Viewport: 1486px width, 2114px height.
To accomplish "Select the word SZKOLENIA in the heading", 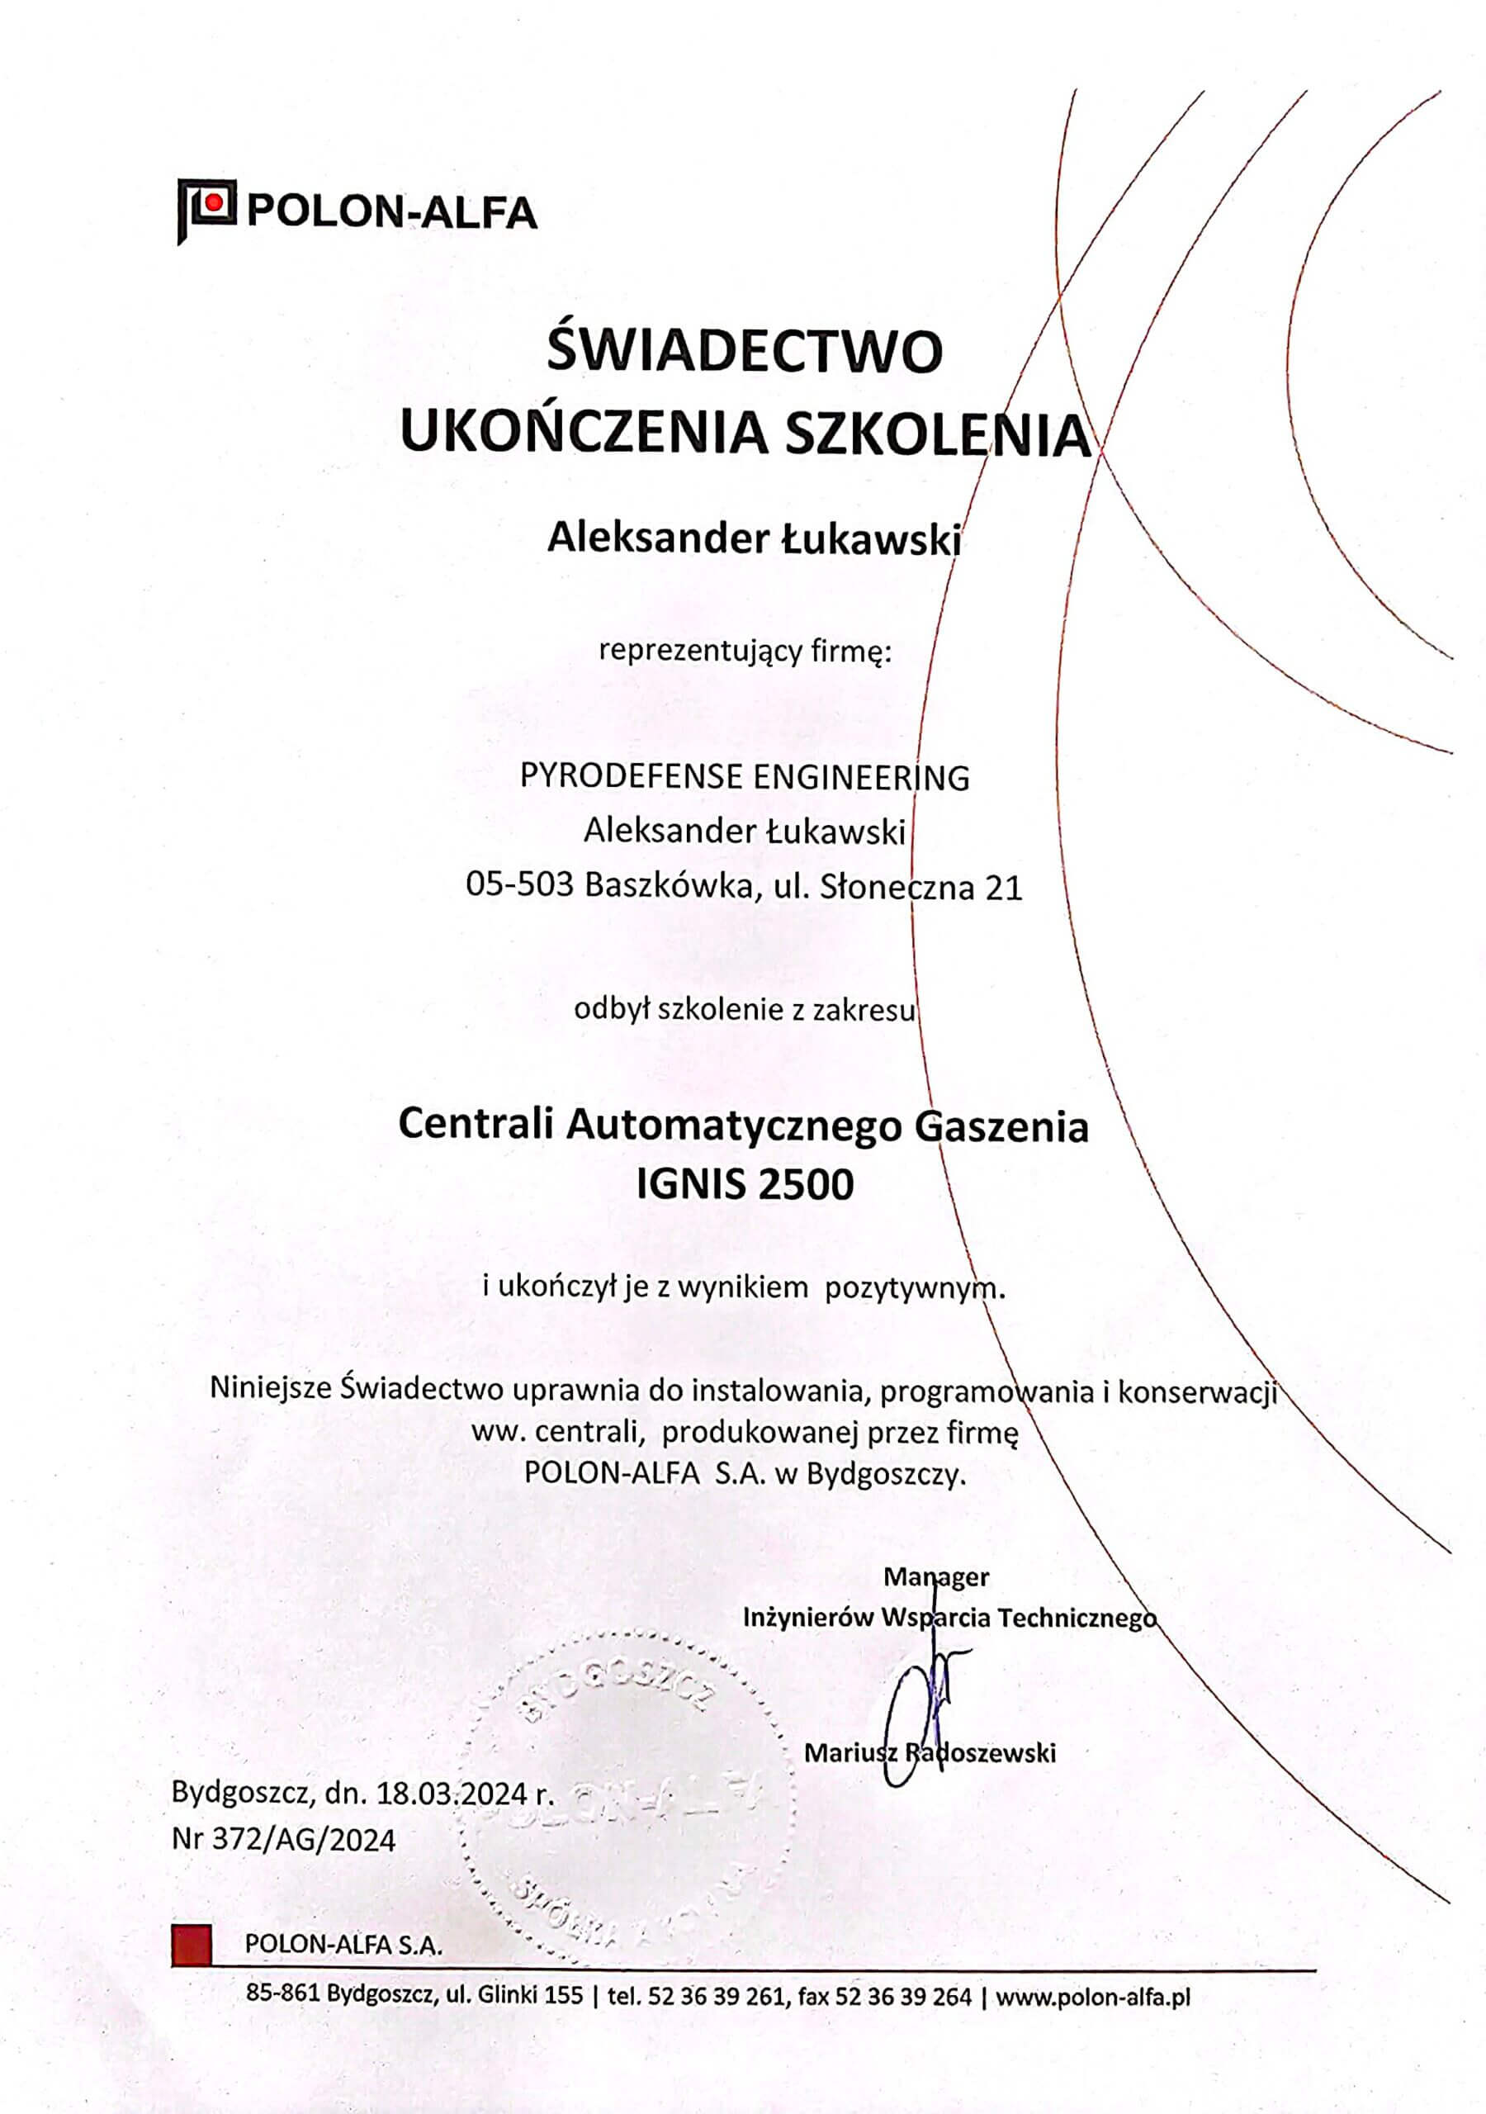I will point(936,434).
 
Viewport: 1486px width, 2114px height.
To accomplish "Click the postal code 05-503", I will point(519,886).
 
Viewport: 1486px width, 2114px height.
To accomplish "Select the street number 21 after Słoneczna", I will point(1004,888).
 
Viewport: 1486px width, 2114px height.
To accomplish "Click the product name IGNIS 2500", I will point(745,1184).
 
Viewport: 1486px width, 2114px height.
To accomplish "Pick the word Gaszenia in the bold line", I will point(1001,1126).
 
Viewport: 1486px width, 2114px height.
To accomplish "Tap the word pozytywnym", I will point(912,1287).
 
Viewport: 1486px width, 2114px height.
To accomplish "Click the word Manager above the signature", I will point(935,1577).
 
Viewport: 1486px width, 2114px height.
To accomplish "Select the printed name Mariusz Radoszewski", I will point(930,1753).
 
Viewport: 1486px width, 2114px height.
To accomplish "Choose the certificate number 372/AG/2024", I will point(304,1840).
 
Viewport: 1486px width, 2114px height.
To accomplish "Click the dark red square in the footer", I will point(192,1943).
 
